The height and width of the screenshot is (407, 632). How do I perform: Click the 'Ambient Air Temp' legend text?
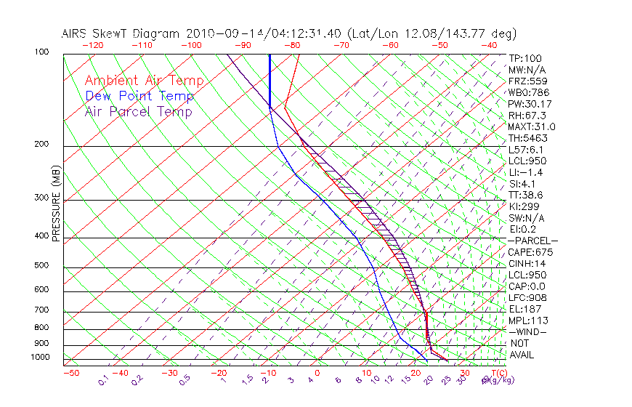coord(144,81)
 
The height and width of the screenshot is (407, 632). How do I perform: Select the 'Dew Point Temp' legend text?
coord(139,96)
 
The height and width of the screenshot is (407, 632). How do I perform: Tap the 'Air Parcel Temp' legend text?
coord(138,111)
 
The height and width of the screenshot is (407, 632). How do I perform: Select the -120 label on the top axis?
coord(92,45)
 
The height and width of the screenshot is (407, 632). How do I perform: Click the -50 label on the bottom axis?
coord(71,373)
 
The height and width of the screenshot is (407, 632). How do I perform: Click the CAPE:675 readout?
coord(530,252)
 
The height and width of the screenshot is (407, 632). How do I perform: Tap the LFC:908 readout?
coord(527,298)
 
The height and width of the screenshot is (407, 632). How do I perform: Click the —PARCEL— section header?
coord(532,241)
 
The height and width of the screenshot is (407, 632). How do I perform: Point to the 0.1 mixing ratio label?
coord(103,379)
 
